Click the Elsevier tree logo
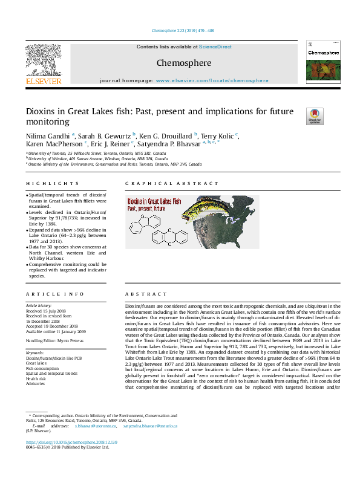(44, 60)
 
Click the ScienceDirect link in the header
(216, 47)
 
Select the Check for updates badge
(298, 115)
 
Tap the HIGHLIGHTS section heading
(53, 183)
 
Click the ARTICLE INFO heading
(55, 294)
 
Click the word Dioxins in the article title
(42, 112)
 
